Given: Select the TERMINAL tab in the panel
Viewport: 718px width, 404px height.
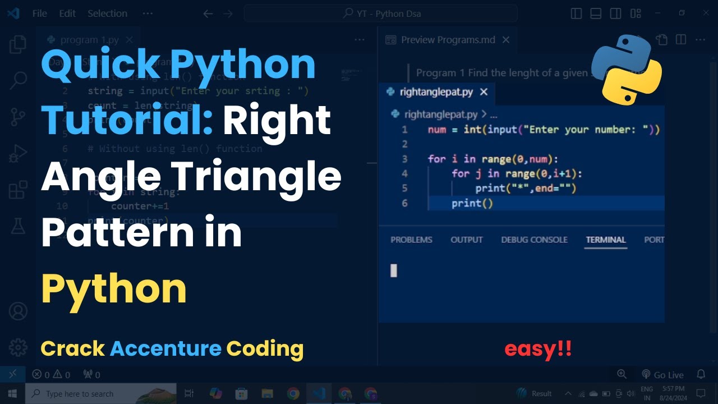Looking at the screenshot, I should [606, 240].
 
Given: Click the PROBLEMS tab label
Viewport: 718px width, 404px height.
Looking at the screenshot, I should [411, 240].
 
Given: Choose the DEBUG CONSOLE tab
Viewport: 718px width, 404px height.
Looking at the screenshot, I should [534, 240].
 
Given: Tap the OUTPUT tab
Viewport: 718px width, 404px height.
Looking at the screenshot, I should [466, 240].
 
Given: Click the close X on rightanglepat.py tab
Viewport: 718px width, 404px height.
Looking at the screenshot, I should [484, 92].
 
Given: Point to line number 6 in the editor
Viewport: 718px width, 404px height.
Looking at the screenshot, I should [404, 203].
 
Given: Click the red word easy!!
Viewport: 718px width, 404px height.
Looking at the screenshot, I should [538, 349].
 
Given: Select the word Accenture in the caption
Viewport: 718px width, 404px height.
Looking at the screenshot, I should [165, 349].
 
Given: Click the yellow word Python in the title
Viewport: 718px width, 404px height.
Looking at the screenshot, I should [113, 290].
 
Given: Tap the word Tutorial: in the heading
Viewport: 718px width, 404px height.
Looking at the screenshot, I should [127, 120].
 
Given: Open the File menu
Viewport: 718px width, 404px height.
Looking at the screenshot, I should [40, 13].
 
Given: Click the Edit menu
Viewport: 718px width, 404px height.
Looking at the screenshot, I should [67, 13].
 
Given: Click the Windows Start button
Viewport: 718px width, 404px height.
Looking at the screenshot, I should [12, 393].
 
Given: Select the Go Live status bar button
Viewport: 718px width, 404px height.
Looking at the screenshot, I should [662, 374].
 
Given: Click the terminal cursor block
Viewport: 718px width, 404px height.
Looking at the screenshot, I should [394, 270].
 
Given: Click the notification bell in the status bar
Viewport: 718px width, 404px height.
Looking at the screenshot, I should [701, 374].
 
